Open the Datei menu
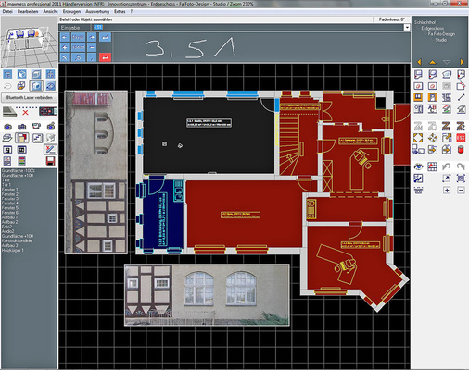click(x=7, y=11)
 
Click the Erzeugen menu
click(x=72, y=11)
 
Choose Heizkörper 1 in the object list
click(x=14, y=252)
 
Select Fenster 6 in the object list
click(x=11, y=213)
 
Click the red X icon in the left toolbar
click(x=25, y=111)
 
